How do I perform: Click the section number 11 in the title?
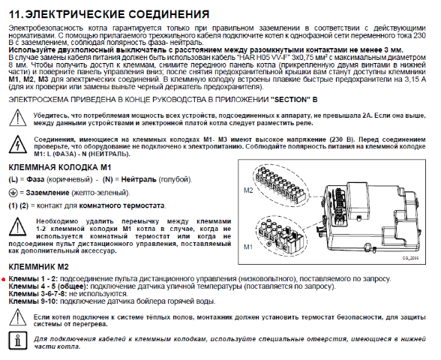pos(16,14)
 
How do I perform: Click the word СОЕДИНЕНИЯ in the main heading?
pos(169,14)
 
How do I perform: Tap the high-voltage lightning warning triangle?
pos(18,144)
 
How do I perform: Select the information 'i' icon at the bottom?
pos(18,340)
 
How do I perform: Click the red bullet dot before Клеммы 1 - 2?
pos(4,280)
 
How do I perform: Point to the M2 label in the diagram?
pos(248,190)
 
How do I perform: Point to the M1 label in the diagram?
pos(248,247)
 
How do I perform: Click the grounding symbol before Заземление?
pos(12,193)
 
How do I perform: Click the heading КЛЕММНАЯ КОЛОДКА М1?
pos(60,167)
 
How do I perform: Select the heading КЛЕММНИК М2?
pos(39,267)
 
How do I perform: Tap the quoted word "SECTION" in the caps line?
pos(289,100)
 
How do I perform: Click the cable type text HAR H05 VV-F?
pos(260,57)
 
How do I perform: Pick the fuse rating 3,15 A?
pos(415,79)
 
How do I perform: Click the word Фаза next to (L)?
pos(35,179)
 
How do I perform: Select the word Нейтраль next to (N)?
pos(139,179)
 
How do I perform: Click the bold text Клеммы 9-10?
pos(33,301)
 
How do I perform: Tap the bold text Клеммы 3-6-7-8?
pos(38,294)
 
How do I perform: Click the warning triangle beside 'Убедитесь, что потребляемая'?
pos(18,118)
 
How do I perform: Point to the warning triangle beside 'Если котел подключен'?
pos(18,317)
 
